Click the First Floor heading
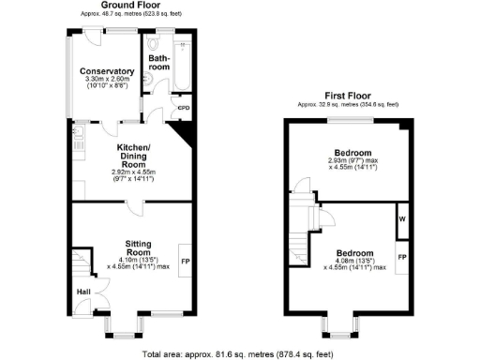click(348, 96)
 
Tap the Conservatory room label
click(107, 71)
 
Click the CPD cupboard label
click(183, 108)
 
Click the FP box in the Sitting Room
click(186, 260)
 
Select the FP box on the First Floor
click(401, 256)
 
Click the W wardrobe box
click(401, 219)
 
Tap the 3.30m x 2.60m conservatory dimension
click(107, 81)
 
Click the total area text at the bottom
click(239, 353)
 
